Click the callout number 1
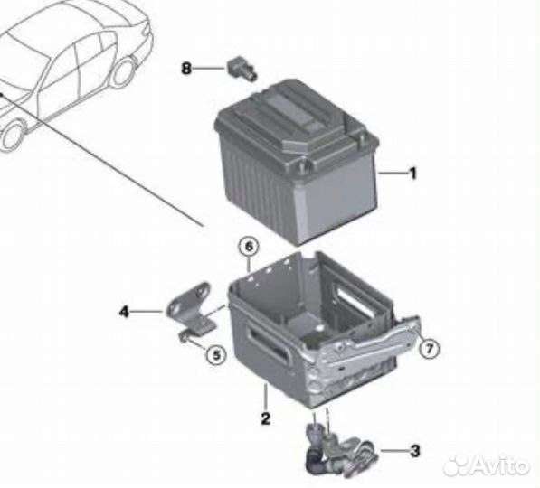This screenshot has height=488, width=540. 412,172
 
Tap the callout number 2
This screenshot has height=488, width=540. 265,418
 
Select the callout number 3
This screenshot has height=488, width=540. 414,449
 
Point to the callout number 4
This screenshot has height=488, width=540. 123,312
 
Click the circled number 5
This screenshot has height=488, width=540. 214,354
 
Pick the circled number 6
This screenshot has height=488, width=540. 249,245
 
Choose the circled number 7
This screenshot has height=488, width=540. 430,347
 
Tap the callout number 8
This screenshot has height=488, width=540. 186,68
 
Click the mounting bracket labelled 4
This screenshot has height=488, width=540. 192,304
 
